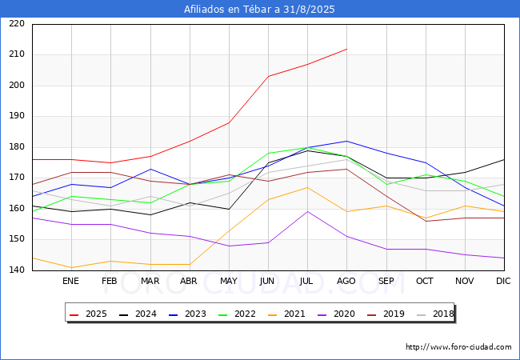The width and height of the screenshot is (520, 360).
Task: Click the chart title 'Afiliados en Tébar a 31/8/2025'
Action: coord(259,10)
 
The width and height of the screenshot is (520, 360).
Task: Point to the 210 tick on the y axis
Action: coord(18,54)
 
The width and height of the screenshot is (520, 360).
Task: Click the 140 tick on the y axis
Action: coord(18,270)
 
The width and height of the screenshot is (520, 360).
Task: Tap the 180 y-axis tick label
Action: coord(18,147)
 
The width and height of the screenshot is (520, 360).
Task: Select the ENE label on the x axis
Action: coord(71,282)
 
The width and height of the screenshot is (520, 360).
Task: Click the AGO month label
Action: coord(346,282)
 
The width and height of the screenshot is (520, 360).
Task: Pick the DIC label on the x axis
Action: coord(503,282)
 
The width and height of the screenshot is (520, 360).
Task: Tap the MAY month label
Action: coord(228,282)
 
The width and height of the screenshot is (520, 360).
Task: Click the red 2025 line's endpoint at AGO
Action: coord(346,49)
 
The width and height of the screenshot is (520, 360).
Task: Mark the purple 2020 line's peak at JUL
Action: coord(307,211)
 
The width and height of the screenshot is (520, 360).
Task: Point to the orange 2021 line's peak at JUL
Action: coord(307,187)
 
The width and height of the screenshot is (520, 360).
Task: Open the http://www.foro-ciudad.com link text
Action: coord(458,347)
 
